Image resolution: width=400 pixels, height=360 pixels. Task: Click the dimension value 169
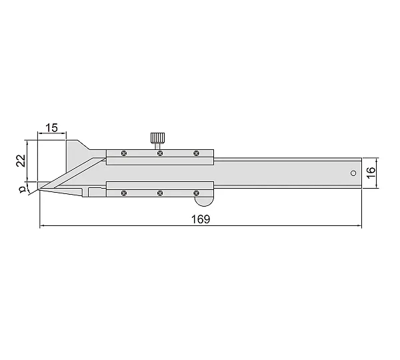pyautogui.click(x=201, y=219)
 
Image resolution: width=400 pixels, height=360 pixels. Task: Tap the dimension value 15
pyautogui.click(x=51, y=128)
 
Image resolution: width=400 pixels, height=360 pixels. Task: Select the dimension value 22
pyautogui.click(x=21, y=161)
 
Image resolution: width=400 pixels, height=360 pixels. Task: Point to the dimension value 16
pyautogui.click(x=371, y=173)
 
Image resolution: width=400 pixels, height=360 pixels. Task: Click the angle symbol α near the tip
pyautogui.click(x=23, y=189)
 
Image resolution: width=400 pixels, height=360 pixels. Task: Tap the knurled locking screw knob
pyautogui.click(x=157, y=138)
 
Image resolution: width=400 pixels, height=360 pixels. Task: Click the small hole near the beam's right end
pyautogui.click(x=353, y=173)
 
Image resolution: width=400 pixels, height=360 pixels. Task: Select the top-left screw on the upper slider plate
pyautogui.click(x=124, y=153)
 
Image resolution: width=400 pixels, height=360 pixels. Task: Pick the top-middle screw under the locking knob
pyautogui.click(x=160, y=153)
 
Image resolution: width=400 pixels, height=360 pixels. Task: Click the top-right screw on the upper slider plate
pyautogui.click(x=196, y=153)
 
